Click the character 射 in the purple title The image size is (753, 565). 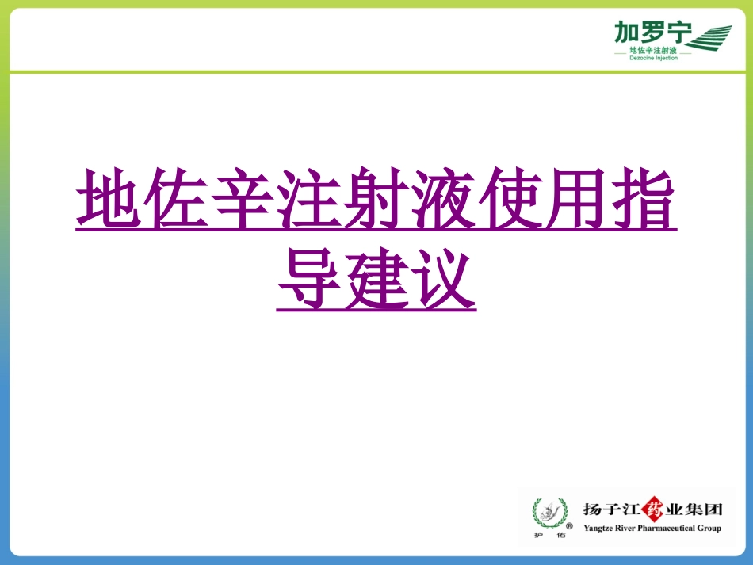tap(376, 198)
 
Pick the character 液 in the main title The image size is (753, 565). tap(443, 198)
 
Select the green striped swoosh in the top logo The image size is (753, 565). tap(712, 36)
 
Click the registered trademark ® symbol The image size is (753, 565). tap(568, 524)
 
